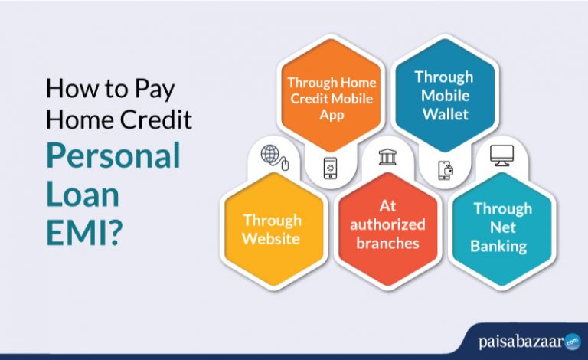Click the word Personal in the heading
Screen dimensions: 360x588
113,155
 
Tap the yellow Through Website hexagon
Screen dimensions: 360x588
272,229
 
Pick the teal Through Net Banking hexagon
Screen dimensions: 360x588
501,227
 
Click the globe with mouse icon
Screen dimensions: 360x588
273,155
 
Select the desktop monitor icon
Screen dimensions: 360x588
502,157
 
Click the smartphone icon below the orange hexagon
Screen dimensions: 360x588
330,168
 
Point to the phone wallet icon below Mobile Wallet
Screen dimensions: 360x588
445,169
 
